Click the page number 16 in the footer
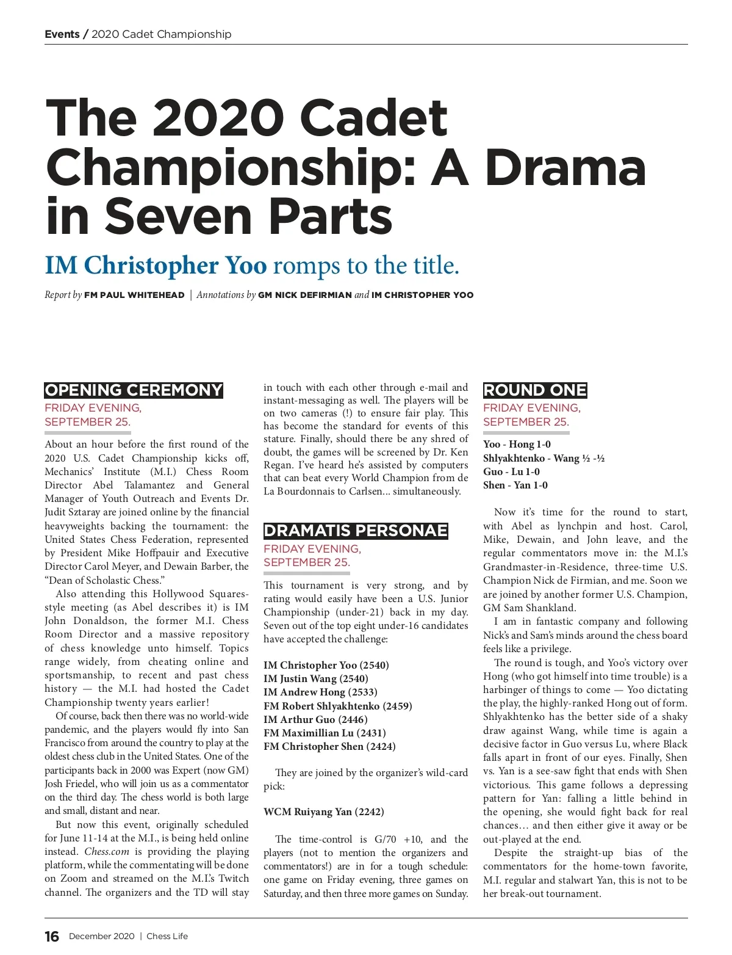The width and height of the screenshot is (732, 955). (x=52, y=936)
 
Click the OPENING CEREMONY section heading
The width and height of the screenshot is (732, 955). (x=134, y=390)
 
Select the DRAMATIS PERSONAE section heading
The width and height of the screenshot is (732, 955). (x=356, y=531)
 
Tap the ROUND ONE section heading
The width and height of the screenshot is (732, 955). (x=534, y=390)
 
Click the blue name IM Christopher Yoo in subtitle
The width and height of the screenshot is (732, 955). (x=156, y=266)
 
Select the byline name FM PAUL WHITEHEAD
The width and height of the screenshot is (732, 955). (x=134, y=295)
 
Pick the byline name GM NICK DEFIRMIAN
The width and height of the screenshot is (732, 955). (x=305, y=295)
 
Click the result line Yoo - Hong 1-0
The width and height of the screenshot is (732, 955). (x=517, y=445)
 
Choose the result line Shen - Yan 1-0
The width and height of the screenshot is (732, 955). (x=515, y=485)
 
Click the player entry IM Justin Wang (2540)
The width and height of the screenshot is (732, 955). (x=316, y=678)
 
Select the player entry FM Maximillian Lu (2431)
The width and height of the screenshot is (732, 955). (x=325, y=733)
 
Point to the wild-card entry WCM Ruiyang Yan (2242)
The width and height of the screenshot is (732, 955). (x=324, y=812)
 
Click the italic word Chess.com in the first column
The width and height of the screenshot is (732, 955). (x=107, y=852)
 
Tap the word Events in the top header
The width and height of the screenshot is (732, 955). (x=62, y=34)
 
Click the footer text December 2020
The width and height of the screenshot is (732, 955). (x=101, y=937)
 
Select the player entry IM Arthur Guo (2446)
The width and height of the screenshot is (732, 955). (x=315, y=719)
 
